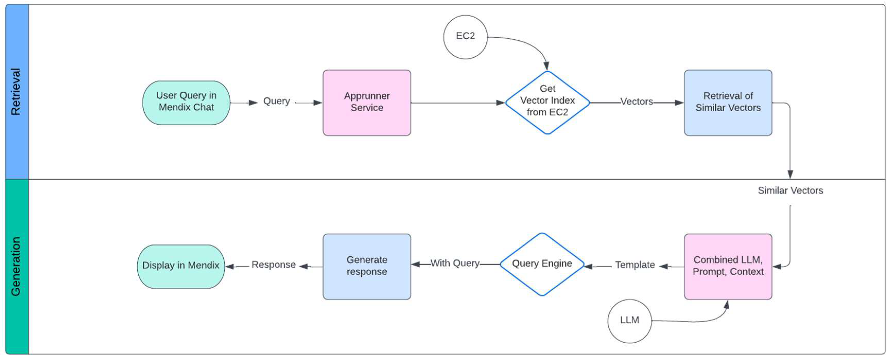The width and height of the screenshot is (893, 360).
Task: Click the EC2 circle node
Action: (465, 37)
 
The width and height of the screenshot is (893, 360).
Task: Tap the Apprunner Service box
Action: (367, 103)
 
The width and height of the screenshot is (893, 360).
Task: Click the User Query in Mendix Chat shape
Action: (186, 103)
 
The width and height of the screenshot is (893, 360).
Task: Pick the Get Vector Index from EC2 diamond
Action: (547, 103)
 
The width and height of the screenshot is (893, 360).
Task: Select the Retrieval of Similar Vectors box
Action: (728, 103)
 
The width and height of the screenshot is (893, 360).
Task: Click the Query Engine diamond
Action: (542, 264)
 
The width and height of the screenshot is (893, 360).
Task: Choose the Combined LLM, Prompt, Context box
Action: (728, 266)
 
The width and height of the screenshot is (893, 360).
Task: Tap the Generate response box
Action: (367, 266)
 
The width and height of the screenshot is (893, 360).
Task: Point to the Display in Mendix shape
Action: (181, 266)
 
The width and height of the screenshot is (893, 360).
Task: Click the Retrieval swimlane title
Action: (16, 92)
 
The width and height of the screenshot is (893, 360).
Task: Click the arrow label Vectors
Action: (636, 102)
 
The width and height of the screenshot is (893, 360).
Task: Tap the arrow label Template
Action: (635, 265)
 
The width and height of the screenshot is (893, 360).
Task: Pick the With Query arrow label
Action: (455, 263)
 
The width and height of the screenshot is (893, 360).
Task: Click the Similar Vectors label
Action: (790, 191)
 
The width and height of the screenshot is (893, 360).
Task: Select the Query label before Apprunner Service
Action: (276, 101)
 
